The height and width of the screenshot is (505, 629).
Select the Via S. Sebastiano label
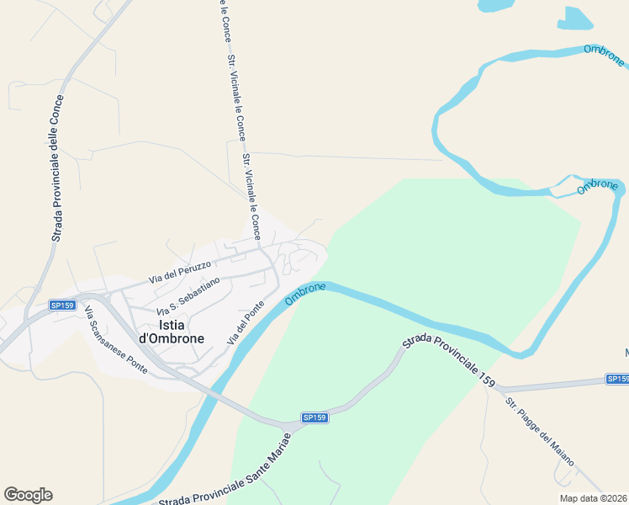tap(189, 295)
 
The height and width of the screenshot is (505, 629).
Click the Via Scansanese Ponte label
tap(115, 340)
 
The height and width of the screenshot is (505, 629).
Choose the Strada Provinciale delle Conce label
tap(57, 167)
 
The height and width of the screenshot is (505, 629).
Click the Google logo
tap(28, 495)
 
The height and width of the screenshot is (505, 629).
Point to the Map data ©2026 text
tap(593, 497)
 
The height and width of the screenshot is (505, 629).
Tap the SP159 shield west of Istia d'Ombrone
tap(62, 305)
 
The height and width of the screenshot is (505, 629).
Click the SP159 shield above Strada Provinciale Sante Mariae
tap(314, 417)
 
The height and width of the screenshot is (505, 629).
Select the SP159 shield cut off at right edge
tap(617, 380)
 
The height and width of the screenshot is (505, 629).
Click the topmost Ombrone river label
tap(604, 56)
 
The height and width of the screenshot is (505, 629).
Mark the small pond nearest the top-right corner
tap(575, 18)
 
